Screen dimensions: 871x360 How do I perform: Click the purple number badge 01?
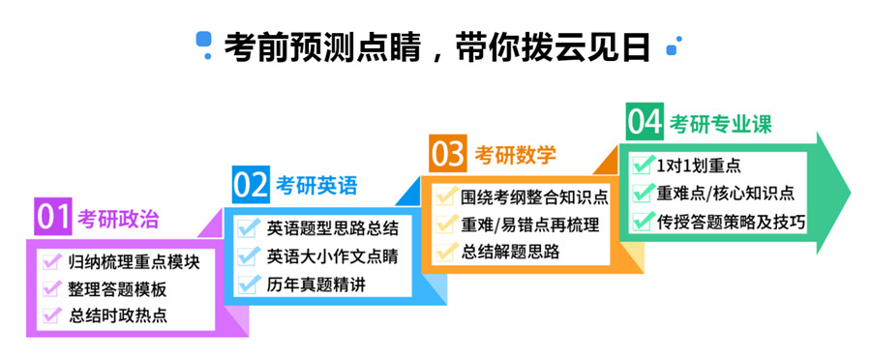point(53,217)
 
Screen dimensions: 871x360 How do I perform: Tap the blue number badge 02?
point(251,185)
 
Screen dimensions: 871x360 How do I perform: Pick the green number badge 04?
point(645,122)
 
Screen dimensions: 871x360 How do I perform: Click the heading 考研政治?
point(118,219)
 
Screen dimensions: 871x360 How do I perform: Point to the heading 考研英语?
point(316,186)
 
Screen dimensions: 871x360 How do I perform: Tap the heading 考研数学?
point(515,155)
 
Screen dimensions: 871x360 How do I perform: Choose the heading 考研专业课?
point(720,124)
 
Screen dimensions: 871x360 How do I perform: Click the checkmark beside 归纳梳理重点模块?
point(52,261)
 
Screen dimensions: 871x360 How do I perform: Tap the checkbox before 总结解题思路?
point(445,252)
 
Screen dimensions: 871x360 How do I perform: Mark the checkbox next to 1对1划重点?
point(644,165)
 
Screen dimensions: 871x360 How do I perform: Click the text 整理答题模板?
point(117,289)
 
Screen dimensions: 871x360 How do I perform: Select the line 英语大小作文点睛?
point(332,256)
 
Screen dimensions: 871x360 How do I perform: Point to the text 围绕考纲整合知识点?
point(534,197)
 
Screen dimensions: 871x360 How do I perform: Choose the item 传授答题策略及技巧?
point(731,221)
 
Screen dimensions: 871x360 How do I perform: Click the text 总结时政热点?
point(118,316)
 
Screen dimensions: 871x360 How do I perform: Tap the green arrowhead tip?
point(850,193)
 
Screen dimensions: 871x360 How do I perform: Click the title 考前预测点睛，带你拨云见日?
point(436,46)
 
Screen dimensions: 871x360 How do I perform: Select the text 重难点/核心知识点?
point(725,193)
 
